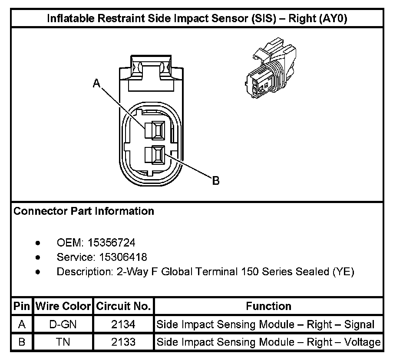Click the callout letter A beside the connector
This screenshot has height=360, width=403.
[x=97, y=83]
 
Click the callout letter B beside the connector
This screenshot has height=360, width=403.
[x=215, y=181]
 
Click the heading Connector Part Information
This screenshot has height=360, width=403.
[x=84, y=211]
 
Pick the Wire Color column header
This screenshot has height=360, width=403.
[x=63, y=306]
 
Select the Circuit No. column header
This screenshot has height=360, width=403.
[x=123, y=306]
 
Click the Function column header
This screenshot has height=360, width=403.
[x=268, y=306]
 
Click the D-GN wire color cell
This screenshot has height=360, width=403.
[x=63, y=324]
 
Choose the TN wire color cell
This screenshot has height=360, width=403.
[x=63, y=342]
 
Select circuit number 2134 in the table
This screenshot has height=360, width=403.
[x=123, y=324]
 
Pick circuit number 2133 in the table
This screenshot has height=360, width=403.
[x=123, y=342]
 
